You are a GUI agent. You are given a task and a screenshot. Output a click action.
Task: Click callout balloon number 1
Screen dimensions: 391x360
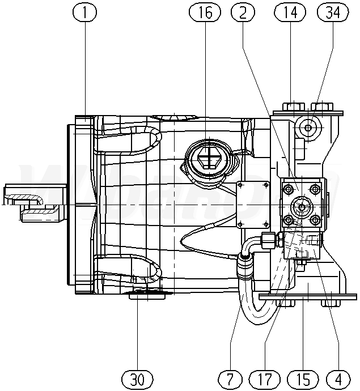tap(86, 12)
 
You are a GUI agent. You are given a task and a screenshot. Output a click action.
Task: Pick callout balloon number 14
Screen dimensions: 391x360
tap(289, 12)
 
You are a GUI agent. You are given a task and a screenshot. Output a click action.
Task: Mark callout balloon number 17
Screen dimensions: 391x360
tap(266, 378)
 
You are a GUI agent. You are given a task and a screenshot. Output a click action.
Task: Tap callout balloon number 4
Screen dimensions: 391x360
tap(339, 378)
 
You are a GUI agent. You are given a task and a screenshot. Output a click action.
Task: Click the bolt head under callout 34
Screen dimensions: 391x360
tap(323, 106)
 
